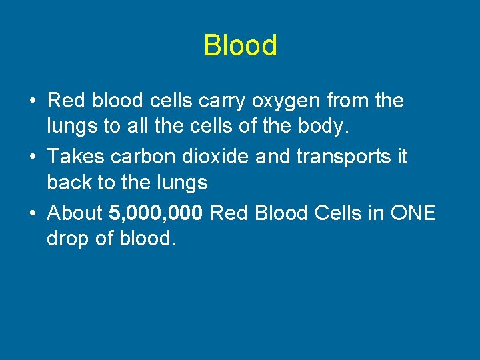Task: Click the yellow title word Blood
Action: pyautogui.click(x=240, y=46)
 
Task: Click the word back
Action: pyautogui.click(x=69, y=181)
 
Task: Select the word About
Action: pyautogui.click(x=75, y=214)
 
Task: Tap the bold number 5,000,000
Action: pyautogui.click(x=156, y=214)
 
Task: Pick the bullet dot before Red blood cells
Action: pyautogui.click(x=33, y=101)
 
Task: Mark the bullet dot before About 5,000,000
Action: pyautogui.click(x=33, y=214)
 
